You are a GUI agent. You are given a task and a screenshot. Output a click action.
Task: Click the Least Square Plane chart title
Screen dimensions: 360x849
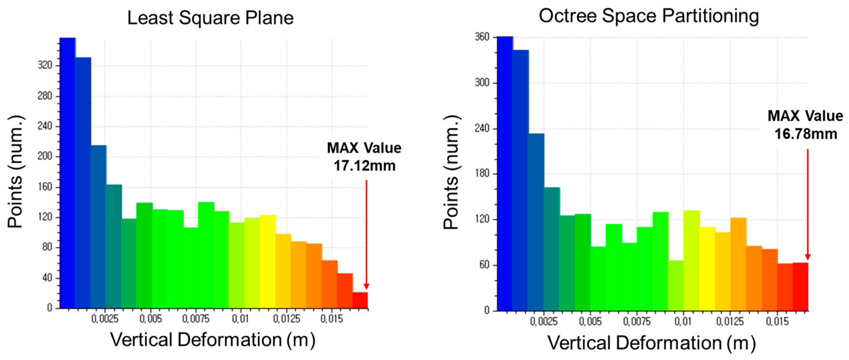[210, 18]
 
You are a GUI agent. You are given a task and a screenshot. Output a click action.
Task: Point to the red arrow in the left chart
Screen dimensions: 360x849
[366, 234]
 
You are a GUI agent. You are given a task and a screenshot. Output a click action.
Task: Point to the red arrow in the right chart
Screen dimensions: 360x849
[807, 204]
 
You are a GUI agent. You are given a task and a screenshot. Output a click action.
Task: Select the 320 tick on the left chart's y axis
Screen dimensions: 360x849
[45, 65]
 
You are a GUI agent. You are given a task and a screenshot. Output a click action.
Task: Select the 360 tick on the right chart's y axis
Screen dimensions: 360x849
[482, 37]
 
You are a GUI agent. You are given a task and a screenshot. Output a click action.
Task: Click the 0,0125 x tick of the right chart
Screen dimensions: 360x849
[730, 321]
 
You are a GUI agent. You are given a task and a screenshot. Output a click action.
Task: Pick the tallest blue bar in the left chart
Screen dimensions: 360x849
[68, 173]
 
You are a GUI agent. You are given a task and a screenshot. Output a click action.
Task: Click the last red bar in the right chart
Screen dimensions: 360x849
[800, 286]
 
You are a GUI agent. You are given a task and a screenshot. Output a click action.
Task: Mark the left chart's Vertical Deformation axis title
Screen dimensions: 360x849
[212, 340]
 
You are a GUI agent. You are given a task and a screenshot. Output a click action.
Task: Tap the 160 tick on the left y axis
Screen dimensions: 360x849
[45, 187]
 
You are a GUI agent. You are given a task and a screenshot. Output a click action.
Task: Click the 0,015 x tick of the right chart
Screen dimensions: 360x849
[777, 321]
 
